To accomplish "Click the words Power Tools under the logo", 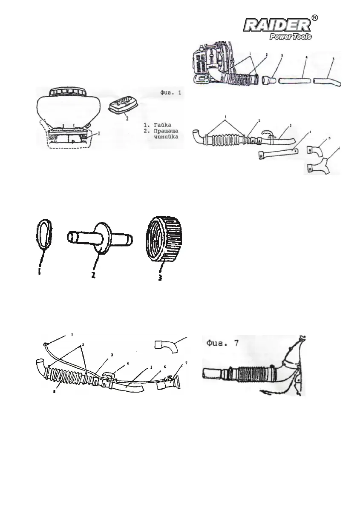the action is click(291, 37).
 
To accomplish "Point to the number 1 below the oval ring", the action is click(40, 272).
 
